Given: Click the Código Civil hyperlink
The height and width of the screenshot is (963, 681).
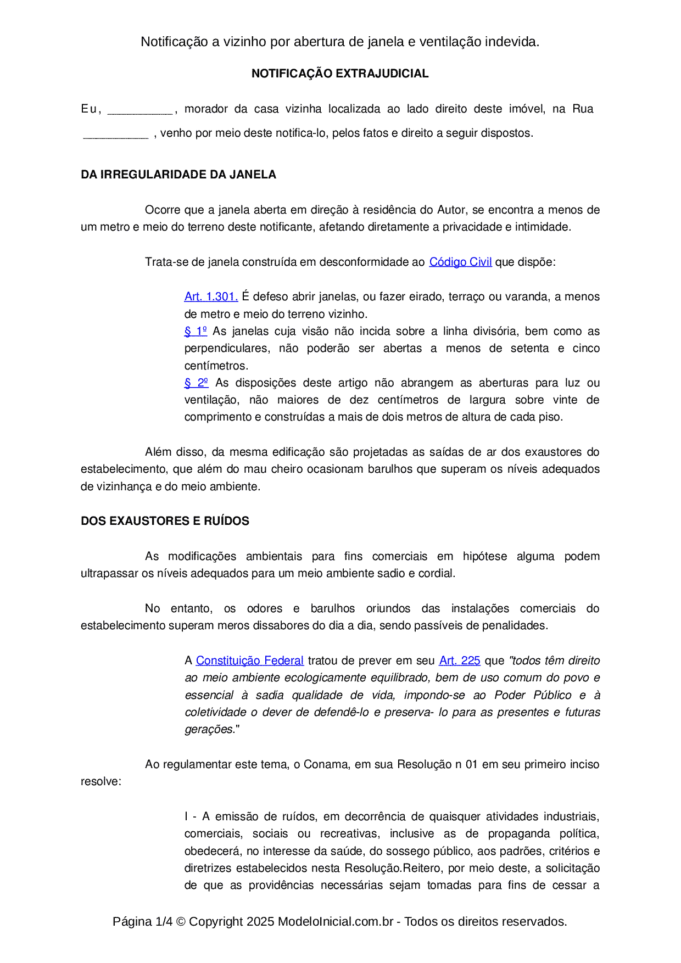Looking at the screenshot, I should click(460, 262).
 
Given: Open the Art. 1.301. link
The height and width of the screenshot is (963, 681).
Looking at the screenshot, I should click(211, 296).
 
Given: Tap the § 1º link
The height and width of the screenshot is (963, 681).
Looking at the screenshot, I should click(196, 331).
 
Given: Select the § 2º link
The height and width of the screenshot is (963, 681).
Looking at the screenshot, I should click(196, 383).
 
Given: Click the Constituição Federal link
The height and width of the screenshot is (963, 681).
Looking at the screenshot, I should click(249, 660).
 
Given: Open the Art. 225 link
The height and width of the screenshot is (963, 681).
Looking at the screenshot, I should click(460, 660).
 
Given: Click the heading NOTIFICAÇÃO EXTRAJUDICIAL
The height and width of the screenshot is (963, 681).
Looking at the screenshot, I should click(340, 74).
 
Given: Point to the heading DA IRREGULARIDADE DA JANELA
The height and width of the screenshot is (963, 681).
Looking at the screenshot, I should click(178, 175).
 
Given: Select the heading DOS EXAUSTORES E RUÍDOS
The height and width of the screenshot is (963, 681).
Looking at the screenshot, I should click(165, 521).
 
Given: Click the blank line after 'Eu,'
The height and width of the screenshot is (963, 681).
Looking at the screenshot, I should click(140, 110).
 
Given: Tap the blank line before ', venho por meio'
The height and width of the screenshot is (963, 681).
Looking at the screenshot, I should click(116, 134).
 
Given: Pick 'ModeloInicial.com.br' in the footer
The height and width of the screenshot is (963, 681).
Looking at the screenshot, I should click(335, 922).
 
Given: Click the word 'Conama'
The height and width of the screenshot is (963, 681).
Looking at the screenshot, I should click(326, 764).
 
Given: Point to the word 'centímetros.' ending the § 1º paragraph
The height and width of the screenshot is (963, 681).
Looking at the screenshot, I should click(216, 366).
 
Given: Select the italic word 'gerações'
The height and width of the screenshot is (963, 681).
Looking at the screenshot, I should click(209, 730).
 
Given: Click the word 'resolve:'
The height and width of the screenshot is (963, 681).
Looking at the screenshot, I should click(101, 781).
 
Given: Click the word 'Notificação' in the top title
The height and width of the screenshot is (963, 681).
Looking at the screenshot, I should click(174, 42).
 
